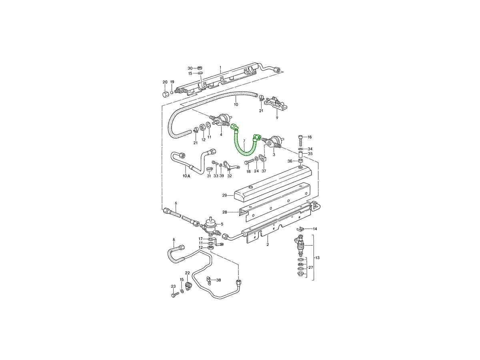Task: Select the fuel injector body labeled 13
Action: [x=301, y=246]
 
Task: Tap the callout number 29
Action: [x=224, y=196]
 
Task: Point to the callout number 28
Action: [x=225, y=212]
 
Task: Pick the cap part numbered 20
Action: [x=166, y=95]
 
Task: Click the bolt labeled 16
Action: [x=300, y=140]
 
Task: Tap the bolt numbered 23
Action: [x=175, y=295]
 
